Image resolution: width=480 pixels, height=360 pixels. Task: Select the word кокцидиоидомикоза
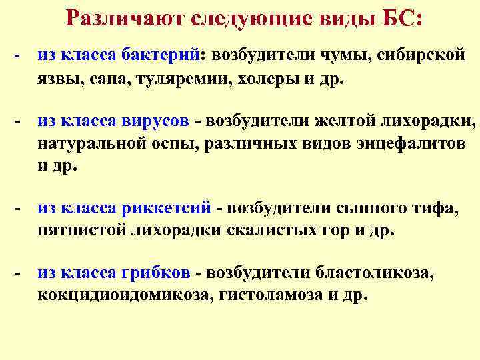pyautogui.click(x=123, y=295)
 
